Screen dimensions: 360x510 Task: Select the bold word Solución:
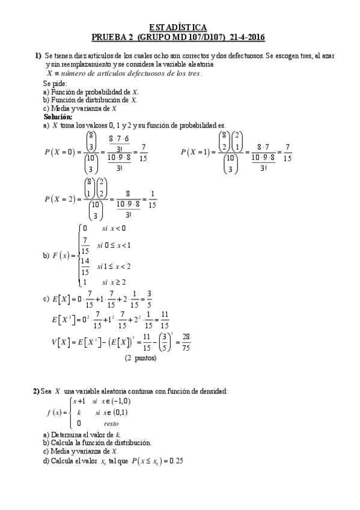click(58, 117)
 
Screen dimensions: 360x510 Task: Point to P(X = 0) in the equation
click(61, 152)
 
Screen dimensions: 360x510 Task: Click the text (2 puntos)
click(141, 358)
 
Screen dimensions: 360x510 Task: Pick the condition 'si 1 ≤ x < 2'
click(114, 266)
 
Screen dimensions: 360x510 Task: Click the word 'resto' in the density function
click(111, 423)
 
